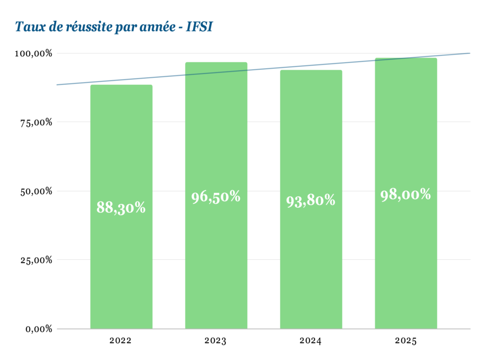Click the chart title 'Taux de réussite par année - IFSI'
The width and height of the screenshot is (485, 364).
point(114,27)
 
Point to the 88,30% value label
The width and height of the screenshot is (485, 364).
point(121,208)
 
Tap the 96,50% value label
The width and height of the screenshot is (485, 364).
point(216,197)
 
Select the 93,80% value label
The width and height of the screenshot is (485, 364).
point(311,200)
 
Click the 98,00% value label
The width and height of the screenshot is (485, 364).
point(406,194)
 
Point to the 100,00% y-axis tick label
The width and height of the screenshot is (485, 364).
point(33,53)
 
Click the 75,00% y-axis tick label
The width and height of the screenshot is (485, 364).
point(35,122)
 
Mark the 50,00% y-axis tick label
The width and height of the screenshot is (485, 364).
point(35,191)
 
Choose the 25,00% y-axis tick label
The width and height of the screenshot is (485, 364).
point(35,260)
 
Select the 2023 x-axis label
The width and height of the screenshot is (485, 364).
point(216,340)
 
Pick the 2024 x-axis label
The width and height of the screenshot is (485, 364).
point(310,340)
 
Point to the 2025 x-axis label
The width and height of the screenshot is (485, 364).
point(405,340)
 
